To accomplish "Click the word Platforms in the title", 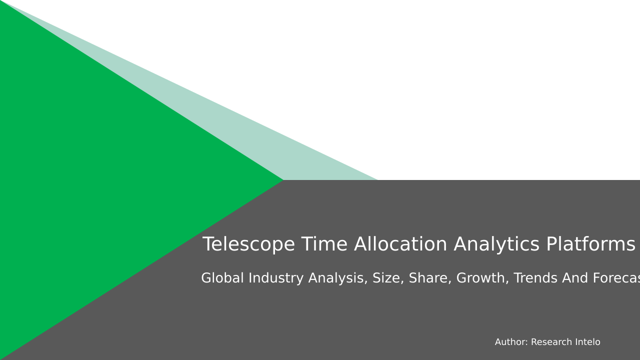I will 590,245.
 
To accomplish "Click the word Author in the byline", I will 511,342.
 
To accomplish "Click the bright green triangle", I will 100,180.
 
